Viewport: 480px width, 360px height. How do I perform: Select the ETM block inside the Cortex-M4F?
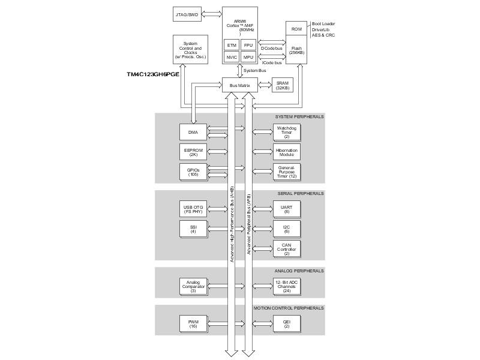click(x=232, y=45)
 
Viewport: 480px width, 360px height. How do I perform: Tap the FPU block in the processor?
click(x=248, y=45)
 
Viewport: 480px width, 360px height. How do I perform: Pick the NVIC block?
click(x=232, y=57)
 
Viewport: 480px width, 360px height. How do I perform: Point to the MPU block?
click(x=248, y=57)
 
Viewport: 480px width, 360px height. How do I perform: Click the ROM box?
click(x=296, y=29)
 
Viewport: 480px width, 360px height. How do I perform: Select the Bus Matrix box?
click(x=239, y=85)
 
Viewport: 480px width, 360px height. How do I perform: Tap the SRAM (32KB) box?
click(x=282, y=85)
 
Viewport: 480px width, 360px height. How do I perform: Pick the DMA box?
click(x=193, y=132)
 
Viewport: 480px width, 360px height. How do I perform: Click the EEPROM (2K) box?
click(x=193, y=152)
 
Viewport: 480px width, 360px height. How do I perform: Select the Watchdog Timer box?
click(x=286, y=132)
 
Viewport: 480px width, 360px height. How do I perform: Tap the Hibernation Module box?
click(x=286, y=152)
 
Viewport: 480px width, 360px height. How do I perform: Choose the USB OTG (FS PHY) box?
click(x=193, y=209)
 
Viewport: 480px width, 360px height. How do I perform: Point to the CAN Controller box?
click(x=286, y=249)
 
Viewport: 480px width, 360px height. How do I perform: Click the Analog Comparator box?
click(x=193, y=286)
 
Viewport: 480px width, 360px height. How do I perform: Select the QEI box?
click(x=286, y=324)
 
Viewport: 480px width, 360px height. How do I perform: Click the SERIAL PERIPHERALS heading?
click(x=301, y=194)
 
